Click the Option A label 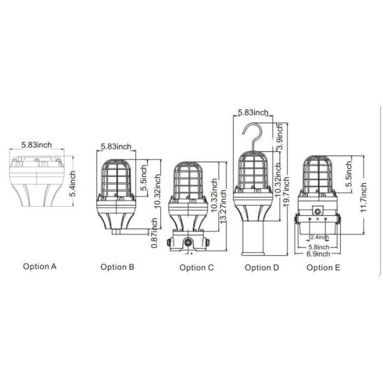40,266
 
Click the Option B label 117,267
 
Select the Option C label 197,267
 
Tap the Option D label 262,267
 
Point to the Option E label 324,267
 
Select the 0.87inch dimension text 154,232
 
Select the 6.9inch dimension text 317,254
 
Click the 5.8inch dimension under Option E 317,246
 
